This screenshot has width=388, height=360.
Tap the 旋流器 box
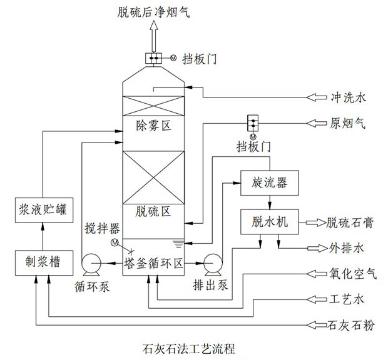tap(269, 183)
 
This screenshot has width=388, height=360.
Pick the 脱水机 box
tap(270, 222)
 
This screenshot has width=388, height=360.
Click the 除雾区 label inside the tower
tap(153, 126)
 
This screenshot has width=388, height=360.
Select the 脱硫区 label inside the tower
tap(153, 212)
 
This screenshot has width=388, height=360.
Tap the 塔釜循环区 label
tap(153, 263)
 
